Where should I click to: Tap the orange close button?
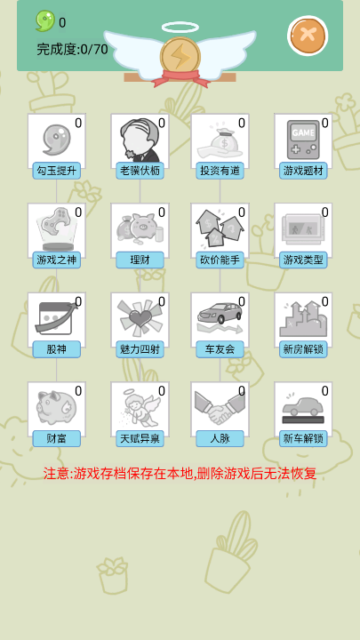pos(308,36)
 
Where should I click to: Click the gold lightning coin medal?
pos(180,57)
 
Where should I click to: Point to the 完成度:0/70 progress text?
pos(72,50)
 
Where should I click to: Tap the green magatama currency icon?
pos(45,20)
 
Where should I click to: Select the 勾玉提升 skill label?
pos(57,171)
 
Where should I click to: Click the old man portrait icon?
pos(140,140)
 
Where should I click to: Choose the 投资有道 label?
pos(220,171)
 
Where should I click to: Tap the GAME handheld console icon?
pos(303,140)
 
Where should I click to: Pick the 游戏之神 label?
pos(57,260)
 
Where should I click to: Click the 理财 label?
pos(140,260)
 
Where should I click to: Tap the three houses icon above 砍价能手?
pos(220,228)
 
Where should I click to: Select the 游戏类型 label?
pos(303,260)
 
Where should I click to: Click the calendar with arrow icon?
pos(56,317)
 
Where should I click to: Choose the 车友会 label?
pos(220,349)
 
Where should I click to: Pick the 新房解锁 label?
pos(303,349)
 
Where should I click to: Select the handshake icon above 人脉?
pos(220,408)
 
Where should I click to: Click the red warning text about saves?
pos(180,474)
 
